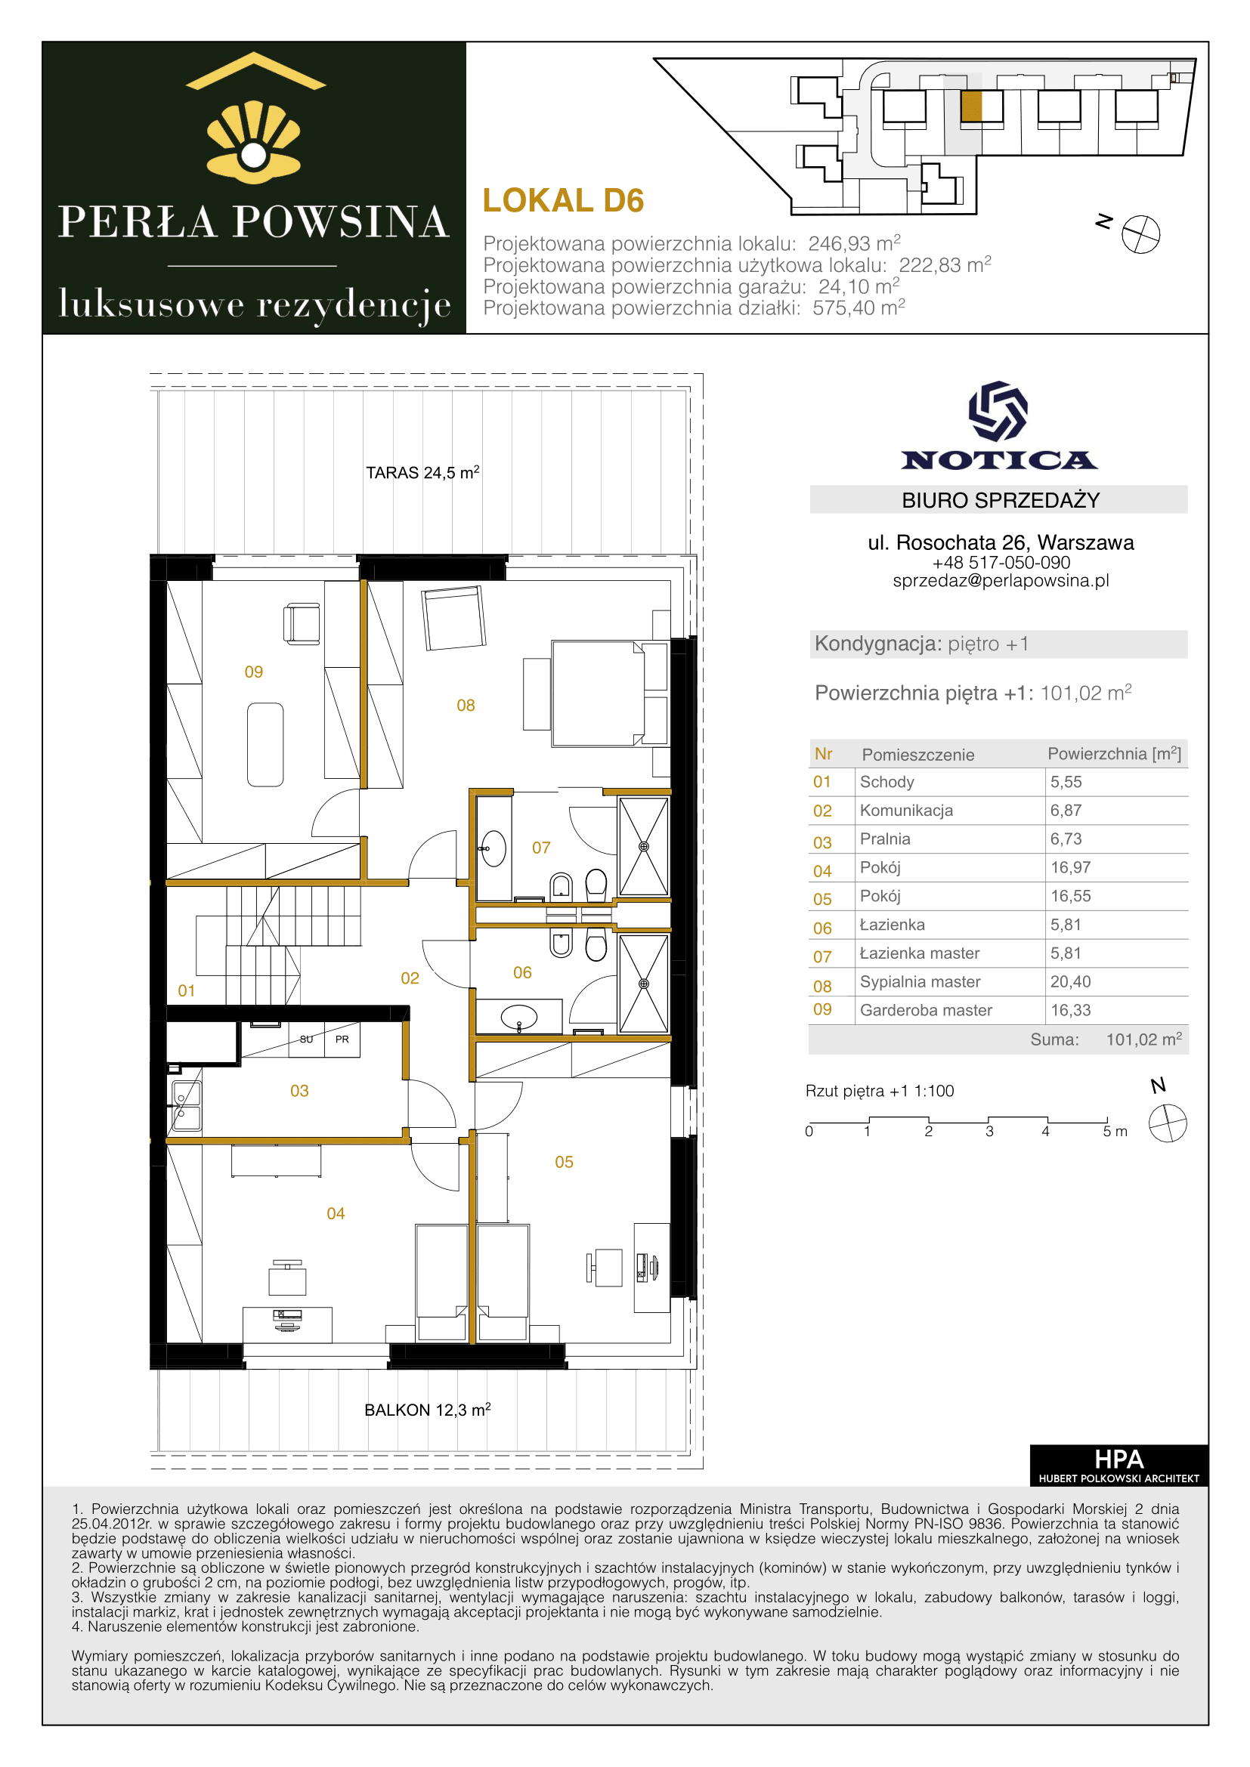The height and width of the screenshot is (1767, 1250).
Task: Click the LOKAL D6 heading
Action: tap(563, 201)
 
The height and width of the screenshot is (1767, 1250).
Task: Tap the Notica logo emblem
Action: tap(998, 411)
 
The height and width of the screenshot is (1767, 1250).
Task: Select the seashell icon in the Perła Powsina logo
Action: tap(253, 142)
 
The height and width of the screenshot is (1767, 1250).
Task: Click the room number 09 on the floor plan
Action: tap(254, 672)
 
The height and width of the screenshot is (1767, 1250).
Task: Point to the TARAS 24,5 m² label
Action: tap(422, 471)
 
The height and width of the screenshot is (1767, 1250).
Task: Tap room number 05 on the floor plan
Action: tap(565, 1162)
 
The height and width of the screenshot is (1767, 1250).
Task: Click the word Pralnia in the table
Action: tap(885, 839)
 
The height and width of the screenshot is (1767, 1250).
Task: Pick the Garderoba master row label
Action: tap(926, 1010)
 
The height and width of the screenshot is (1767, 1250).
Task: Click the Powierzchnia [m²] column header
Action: tap(1115, 754)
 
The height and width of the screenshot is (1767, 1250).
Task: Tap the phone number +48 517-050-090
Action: tap(1001, 563)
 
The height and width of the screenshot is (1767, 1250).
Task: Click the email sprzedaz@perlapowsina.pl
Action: tap(1001, 581)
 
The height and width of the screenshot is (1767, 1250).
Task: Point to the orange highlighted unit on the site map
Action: tap(971, 107)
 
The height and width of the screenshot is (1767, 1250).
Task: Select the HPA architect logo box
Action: tap(1119, 1466)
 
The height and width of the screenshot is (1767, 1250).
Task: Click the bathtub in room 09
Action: tap(265, 744)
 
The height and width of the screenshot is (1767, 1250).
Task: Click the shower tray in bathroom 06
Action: tap(643, 984)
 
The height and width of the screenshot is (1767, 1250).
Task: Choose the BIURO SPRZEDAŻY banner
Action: tap(998, 499)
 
